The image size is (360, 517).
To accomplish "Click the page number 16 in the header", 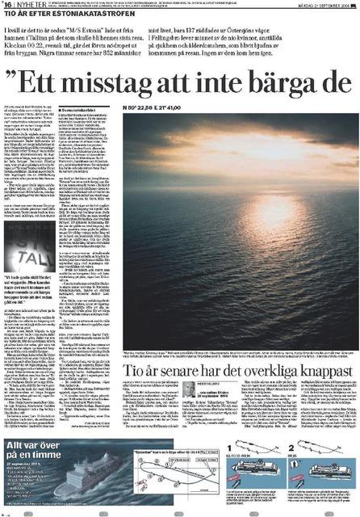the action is click(7, 5).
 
